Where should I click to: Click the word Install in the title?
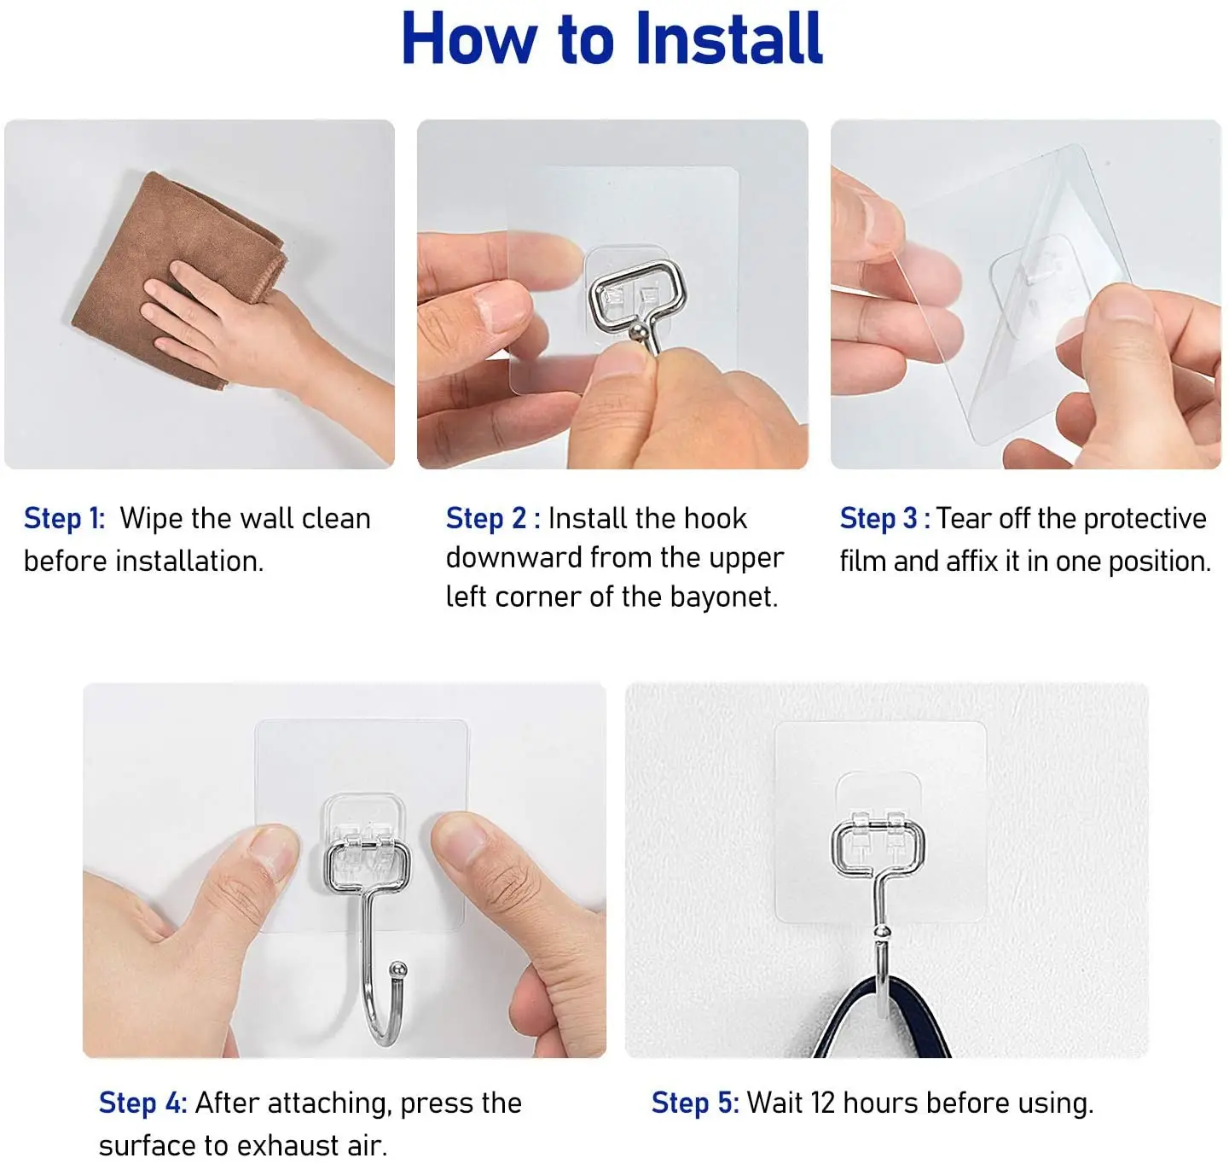(729, 38)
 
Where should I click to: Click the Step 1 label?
(64, 519)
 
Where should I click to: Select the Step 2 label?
(493, 519)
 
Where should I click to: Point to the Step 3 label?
(884, 519)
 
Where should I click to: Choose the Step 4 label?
(142, 1103)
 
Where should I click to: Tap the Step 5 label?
(695, 1103)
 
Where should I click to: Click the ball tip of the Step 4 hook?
(397, 970)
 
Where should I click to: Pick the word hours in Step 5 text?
(881, 1103)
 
